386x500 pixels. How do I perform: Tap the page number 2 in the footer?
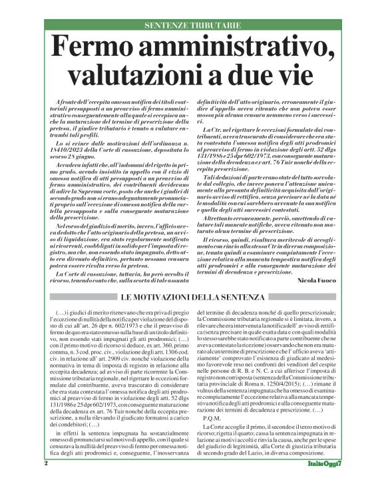[45, 481]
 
